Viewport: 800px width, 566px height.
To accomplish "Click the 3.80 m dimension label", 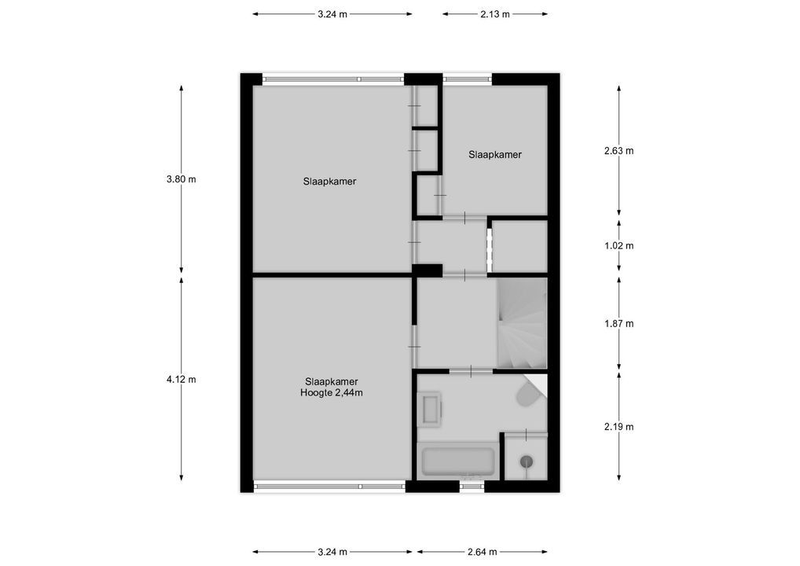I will click(181, 179).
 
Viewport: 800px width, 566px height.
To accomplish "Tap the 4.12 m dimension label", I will click(181, 379).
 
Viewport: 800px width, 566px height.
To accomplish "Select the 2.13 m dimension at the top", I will click(494, 14).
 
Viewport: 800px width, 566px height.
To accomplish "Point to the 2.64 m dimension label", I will click(482, 552).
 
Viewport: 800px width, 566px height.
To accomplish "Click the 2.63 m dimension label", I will click(618, 151).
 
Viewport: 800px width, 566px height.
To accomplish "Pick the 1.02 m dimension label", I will click(618, 245).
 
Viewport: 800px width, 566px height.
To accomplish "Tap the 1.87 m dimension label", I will click(618, 323).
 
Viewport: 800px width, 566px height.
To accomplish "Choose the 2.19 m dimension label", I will click(618, 427).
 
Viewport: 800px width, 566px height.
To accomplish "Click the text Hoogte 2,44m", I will click(331, 393).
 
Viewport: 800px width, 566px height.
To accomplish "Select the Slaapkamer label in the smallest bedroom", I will click(495, 155).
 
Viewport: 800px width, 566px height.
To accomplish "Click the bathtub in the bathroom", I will click(457, 461).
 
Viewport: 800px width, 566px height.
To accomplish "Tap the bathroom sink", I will click(431, 410).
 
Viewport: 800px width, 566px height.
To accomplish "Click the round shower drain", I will click(527, 461).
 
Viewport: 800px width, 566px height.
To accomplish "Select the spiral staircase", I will click(521, 324).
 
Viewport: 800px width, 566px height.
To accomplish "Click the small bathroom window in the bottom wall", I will click(472, 487).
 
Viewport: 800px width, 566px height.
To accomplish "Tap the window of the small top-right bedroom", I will click(468, 78).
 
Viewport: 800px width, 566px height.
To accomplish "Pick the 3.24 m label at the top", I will click(332, 14).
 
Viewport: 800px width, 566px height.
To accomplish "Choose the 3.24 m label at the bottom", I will click(332, 552).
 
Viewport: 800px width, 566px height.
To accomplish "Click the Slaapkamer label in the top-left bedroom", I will click(329, 182).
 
